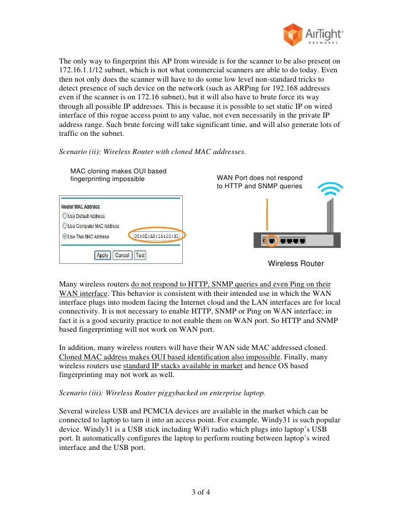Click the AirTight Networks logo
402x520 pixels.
(x=313, y=35)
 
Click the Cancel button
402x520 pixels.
(x=122, y=255)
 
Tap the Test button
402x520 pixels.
(x=140, y=255)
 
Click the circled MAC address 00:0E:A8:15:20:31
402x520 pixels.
(x=157, y=236)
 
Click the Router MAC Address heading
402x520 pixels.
(x=81, y=207)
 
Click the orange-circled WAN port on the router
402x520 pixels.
(x=272, y=241)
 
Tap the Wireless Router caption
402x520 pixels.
(x=295, y=263)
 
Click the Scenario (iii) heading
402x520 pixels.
(x=162, y=393)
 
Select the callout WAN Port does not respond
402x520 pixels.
(x=260, y=178)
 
